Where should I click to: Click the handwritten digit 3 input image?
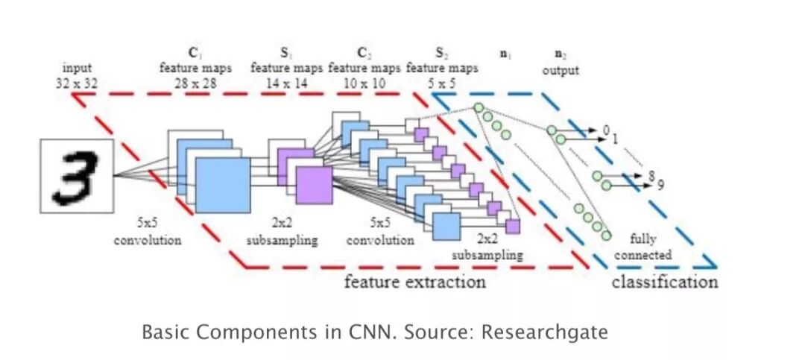pyautogui.click(x=77, y=176)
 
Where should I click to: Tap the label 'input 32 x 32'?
pyautogui.click(x=77, y=75)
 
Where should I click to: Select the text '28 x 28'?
pyautogui.click(x=195, y=83)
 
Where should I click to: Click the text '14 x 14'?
pyautogui.click(x=286, y=83)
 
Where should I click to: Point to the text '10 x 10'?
pyautogui.click(x=364, y=83)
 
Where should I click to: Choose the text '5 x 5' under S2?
pyautogui.click(x=441, y=83)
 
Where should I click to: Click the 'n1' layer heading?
pyautogui.click(x=505, y=54)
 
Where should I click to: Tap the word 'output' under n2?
pyautogui.click(x=561, y=71)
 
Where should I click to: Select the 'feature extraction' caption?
pyautogui.click(x=414, y=282)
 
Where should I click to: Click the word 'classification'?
pyautogui.click(x=665, y=282)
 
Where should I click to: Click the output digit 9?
pyautogui.click(x=660, y=185)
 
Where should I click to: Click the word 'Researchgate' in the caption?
pyautogui.click(x=545, y=331)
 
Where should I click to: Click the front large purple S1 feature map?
pyautogui.click(x=314, y=186)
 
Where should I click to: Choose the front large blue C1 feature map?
pyautogui.click(x=222, y=186)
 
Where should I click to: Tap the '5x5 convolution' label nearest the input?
pyautogui.click(x=148, y=232)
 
